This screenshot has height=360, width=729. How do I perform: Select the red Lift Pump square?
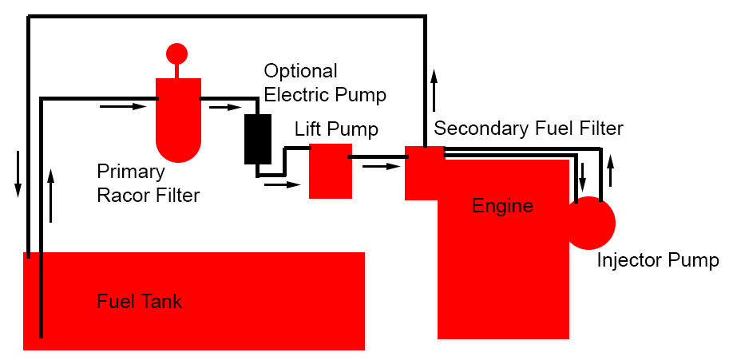click(330, 170)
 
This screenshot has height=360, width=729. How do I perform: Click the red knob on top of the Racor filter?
click(176, 53)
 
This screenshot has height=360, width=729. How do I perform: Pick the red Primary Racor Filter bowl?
click(177, 120)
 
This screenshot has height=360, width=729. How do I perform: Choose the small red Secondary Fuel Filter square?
click(423, 172)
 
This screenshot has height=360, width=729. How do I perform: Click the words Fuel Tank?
click(139, 302)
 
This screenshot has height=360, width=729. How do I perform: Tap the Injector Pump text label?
click(658, 260)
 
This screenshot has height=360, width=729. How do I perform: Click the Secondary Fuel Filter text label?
click(528, 128)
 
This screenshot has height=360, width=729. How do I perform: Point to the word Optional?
click(300, 70)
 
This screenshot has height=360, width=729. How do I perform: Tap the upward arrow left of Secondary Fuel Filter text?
click(434, 89)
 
